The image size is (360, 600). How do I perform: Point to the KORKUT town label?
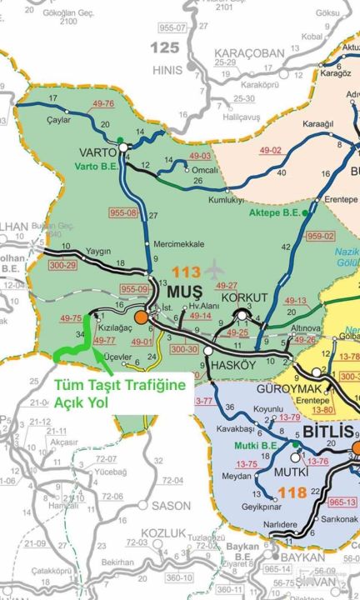coord(244,297)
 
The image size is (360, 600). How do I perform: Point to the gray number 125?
coord(164,47)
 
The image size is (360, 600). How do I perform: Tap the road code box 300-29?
coord(63,264)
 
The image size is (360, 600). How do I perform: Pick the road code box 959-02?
coord(320,236)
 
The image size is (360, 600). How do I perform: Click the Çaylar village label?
coord(59,118)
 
